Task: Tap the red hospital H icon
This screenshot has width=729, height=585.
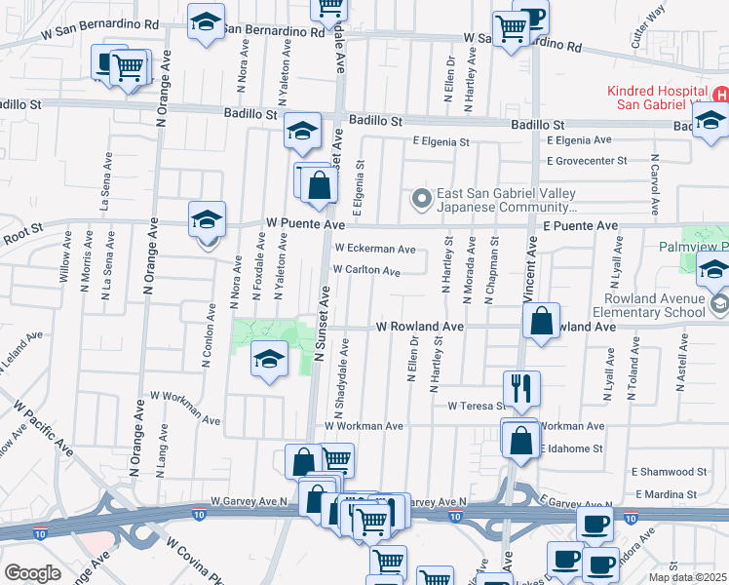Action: [720, 95]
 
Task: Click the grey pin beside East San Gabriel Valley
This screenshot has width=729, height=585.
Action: [422, 200]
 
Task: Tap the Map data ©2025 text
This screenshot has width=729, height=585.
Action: [687, 577]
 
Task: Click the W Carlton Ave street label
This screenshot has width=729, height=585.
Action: [366, 270]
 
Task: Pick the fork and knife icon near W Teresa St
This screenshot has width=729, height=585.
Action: [522, 387]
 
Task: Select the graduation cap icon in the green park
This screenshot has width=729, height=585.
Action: [268, 360]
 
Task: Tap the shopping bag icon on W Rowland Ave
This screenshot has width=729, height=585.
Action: [541, 320]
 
